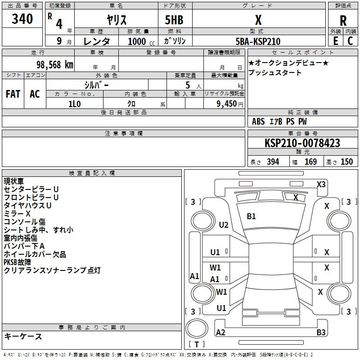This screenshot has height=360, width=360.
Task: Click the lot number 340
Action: click(22, 19)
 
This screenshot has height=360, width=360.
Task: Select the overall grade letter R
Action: click(343, 21)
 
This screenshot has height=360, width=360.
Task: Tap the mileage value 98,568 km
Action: click(55, 65)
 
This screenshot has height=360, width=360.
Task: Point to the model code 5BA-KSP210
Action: click(258, 41)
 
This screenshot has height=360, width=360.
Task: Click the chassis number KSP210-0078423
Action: click(302, 143)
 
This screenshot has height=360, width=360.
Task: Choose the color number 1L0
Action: click(74, 104)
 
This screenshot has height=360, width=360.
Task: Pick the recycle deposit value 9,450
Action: click(226, 104)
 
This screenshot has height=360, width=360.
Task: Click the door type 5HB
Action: click(174, 20)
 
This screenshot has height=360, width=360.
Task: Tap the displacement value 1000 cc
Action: click(141, 41)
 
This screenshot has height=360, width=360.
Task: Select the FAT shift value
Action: click(13, 94)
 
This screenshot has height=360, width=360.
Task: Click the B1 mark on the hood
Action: click(251, 216)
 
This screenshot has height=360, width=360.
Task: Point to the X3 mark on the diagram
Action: click(321, 184)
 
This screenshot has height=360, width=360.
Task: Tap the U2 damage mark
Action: click(223, 225)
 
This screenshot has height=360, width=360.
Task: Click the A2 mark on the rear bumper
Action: click(220, 333)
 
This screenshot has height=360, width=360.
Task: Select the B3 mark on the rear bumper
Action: click(321, 333)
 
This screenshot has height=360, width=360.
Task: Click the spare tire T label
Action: click(197, 345)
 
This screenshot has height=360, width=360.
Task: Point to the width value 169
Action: click(310, 162)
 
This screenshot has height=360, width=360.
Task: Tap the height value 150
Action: click(346, 162)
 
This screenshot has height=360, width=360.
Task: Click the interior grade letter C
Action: click(350, 41)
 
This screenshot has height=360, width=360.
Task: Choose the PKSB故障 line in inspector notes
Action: click(17, 262)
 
